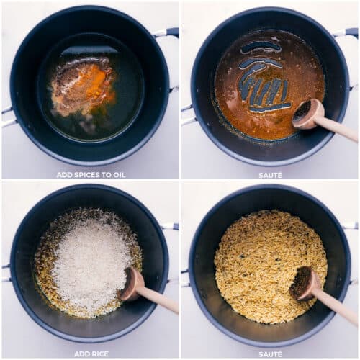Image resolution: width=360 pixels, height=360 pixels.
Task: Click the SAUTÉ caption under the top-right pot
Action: pyautogui.click(x=270, y=174)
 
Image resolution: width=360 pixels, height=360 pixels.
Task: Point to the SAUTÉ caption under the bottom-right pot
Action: pyautogui.click(x=270, y=354)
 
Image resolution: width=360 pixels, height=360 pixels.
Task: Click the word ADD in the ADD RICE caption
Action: pyautogui.click(x=81, y=354)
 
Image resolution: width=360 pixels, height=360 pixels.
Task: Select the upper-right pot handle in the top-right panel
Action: pyautogui.click(x=346, y=32)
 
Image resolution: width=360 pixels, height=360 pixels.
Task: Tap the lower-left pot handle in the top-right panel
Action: pyautogui.click(x=186, y=115)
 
